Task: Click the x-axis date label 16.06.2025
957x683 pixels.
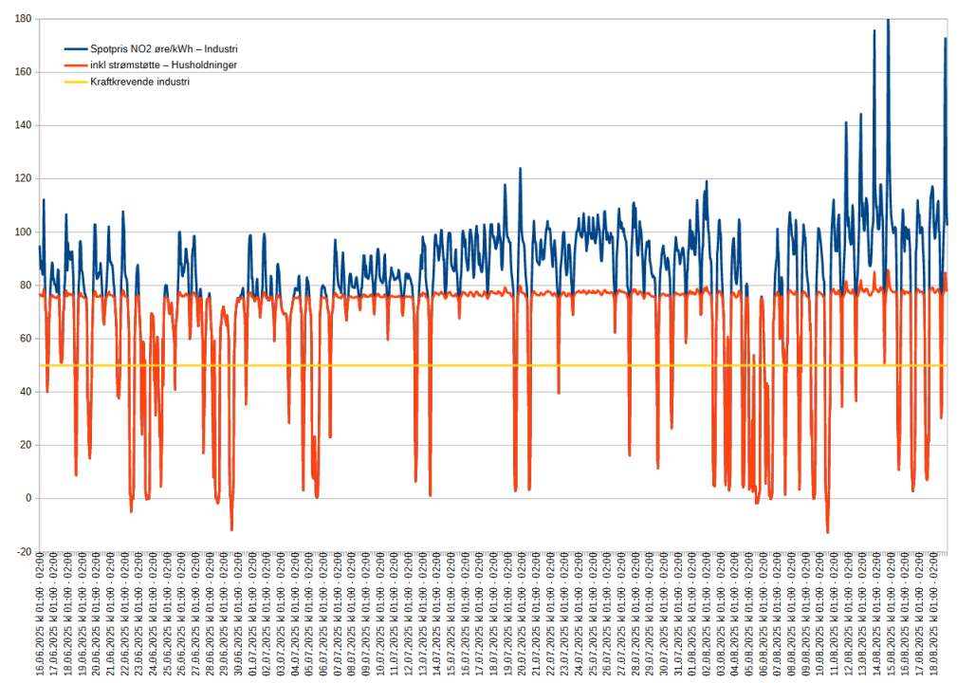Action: click(x=40, y=617)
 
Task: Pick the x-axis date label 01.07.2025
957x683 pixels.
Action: click(x=251, y=617)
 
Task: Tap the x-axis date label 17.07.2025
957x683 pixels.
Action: click(x=477, y=617)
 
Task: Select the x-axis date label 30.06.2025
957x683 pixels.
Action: click(x=237, y=617)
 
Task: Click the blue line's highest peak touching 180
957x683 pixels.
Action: click(x=888, y=20)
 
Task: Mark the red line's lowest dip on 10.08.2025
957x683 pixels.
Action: click(x=827, y=532)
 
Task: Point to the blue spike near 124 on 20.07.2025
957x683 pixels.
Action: click(x=520, y=169)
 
